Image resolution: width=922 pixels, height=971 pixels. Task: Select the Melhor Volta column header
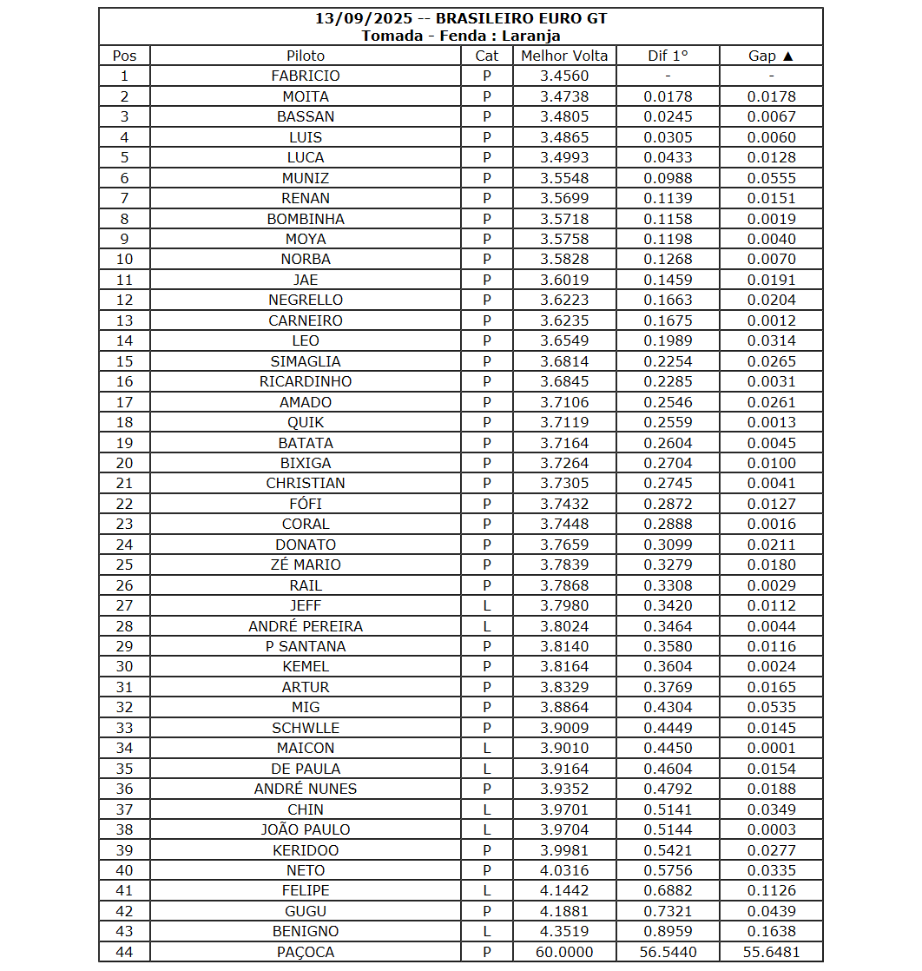(564, 56)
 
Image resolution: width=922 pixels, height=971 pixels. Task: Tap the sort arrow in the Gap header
(787, 56)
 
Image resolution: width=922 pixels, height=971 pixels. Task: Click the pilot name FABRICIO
(306, 76)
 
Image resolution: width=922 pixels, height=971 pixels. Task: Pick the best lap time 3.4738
(564, 96)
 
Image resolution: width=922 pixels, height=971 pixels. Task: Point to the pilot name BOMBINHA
(306, 219)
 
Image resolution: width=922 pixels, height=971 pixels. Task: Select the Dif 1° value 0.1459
(668, 280)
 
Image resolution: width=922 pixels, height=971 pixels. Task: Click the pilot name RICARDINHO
(306, 381)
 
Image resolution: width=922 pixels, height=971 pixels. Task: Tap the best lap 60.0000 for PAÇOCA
(564, 952)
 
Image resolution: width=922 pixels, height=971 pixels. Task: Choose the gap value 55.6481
(771, 952)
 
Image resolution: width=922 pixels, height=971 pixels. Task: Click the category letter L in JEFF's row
(487, 605)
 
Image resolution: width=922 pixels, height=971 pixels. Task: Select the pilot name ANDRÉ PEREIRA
(306, 626)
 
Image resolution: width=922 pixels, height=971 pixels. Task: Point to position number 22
(124, 504)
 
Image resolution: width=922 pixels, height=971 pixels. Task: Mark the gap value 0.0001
(771, 748)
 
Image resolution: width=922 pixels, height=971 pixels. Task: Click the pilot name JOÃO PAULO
(306, 829)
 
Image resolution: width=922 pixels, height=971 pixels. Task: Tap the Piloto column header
(306, 56)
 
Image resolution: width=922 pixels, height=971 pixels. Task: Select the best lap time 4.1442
(564, 890)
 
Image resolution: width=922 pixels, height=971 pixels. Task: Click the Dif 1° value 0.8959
(668, 931)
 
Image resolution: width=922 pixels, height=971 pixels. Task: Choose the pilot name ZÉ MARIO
(306, 565)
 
